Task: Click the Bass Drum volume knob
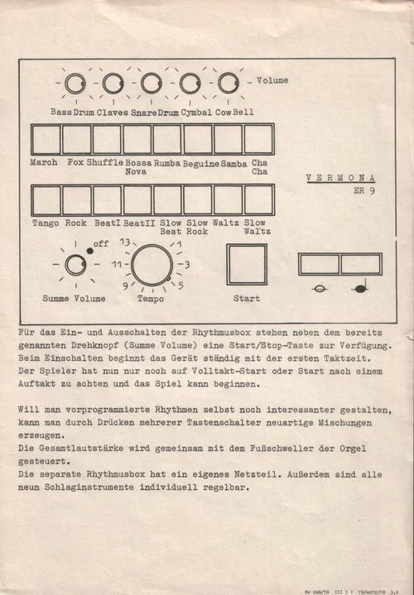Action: tap(75, 84)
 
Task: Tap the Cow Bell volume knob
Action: tap(229, 83)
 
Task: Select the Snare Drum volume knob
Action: tap(152, 83)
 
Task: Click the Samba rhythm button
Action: tap(228, 139)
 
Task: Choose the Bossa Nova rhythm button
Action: tap(137, 139)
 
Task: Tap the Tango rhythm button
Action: tap(46, 200)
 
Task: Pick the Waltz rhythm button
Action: tap(228, 200)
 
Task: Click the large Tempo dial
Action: tap(152, 265)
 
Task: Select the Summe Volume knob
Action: tap(75, 265)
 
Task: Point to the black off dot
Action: tap(89, 251)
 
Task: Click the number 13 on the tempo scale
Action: tap(125, 242)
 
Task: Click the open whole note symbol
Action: tap(319, 289)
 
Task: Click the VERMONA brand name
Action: tap(340, 178)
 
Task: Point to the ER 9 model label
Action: tap(364, 190)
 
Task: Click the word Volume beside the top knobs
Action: tap(272, 80)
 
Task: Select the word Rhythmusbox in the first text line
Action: tap(221, 333)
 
